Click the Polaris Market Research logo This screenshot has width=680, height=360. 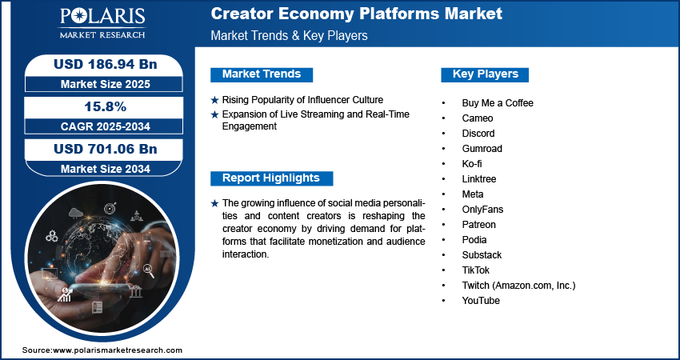102,23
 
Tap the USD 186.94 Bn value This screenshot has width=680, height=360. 105,65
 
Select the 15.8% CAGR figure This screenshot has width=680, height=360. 105,106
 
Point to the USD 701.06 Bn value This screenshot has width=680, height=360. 105,149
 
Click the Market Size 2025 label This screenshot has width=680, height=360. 105,84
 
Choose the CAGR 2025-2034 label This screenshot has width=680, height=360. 105,126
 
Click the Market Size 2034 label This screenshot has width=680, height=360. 105,169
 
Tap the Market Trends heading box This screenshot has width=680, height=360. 262,74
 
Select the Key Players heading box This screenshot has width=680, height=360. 485,74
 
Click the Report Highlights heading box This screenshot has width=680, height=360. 271,178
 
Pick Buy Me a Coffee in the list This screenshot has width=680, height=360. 498,103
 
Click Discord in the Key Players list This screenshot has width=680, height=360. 478,134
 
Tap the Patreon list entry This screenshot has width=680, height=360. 478,225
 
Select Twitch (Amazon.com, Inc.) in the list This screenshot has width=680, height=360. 518,286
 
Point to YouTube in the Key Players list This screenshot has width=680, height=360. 481,301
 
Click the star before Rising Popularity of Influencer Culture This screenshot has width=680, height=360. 214,100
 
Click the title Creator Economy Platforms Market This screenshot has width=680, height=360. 357,14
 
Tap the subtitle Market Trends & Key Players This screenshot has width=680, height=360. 290,35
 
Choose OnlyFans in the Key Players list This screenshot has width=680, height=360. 482,210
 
